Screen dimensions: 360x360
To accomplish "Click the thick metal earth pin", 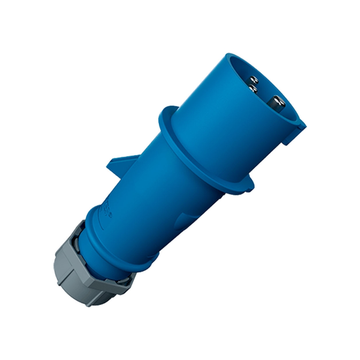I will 276,104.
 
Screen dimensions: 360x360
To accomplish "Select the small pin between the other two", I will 253,89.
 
